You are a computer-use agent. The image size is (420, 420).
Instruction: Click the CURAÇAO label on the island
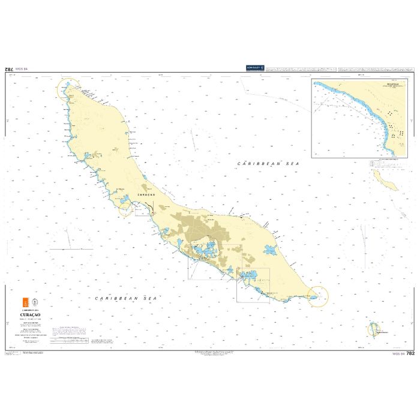(146, 195)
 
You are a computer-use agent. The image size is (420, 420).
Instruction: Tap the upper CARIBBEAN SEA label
(267, 163)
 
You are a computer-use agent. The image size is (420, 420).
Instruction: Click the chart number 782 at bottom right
(410, 353)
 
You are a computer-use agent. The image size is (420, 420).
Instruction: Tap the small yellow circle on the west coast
(125, 209)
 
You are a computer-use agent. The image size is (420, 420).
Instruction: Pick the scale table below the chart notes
(70, 340)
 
